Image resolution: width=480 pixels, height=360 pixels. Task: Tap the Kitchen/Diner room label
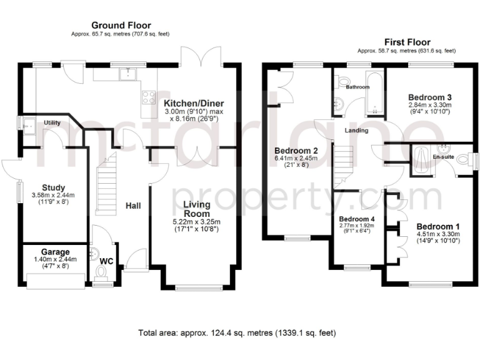click(x=194, y=103)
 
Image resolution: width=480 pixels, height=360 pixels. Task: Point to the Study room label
click(x=53, y=187)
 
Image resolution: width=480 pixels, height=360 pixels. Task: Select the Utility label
click(x=52, y=123)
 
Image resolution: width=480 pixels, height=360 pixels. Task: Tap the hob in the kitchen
click(x=149, y=97)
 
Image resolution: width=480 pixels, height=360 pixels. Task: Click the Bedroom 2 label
click(x=297, y=151)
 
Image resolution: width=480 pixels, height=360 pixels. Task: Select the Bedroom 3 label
click(x=430, y=97)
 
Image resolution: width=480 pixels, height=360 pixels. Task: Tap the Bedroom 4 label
click(x=354, y=219)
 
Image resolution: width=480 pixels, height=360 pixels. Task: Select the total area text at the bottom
click(x=240, y=332)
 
